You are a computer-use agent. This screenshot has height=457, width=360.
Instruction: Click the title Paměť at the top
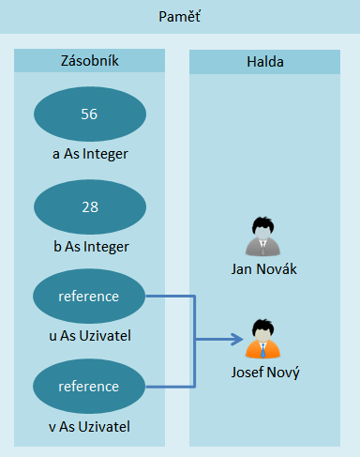pyautogui.click(x=180, y=18)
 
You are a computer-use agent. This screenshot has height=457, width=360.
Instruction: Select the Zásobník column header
pyautogui.click(x=89, y=62)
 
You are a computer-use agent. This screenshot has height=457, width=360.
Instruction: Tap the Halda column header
pyautogui.click(x=264, y=62)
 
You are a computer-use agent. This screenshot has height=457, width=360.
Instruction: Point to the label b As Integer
pyautogui.click(x=90, y=247)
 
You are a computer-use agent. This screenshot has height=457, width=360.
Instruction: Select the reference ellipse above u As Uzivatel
pyautogui.click(x=89, y=297)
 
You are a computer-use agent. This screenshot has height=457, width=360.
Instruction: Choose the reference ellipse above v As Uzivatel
pyautogui.click(x=89, y=386)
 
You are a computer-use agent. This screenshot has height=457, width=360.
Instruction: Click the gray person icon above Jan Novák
pyautogui.click(x=262, y=237)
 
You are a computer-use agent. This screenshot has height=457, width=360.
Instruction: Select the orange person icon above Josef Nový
pyautogui.click(x=263, y=340)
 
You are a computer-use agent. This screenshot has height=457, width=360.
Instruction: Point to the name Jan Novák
pyautogui.click(x=262, y=271)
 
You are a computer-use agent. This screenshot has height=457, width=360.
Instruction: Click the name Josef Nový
pyautogui.click(x=263, y=372)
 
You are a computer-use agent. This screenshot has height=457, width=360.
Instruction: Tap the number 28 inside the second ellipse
pyautogui.click(x=89, y=206)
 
